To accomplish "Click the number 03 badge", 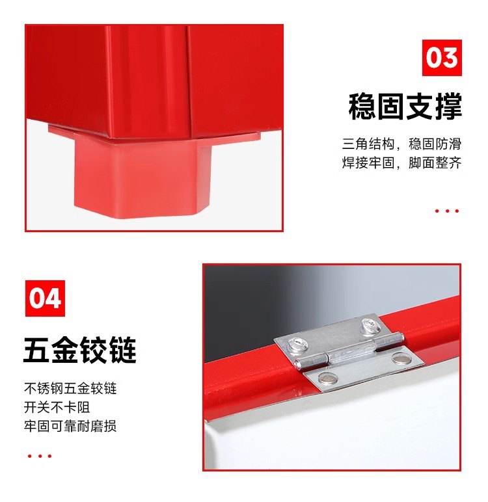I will [442, 58].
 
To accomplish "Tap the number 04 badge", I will [46, 298].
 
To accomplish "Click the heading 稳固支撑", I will [405, 107].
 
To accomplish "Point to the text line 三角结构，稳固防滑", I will [402, 144].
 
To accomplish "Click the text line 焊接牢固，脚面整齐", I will [402, 163].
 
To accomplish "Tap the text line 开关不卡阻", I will [57, 408].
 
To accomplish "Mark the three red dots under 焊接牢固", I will [447, 211].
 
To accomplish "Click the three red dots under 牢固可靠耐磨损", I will [40, 456].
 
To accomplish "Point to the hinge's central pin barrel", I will [345, 351].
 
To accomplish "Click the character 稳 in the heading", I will [362, 107].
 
